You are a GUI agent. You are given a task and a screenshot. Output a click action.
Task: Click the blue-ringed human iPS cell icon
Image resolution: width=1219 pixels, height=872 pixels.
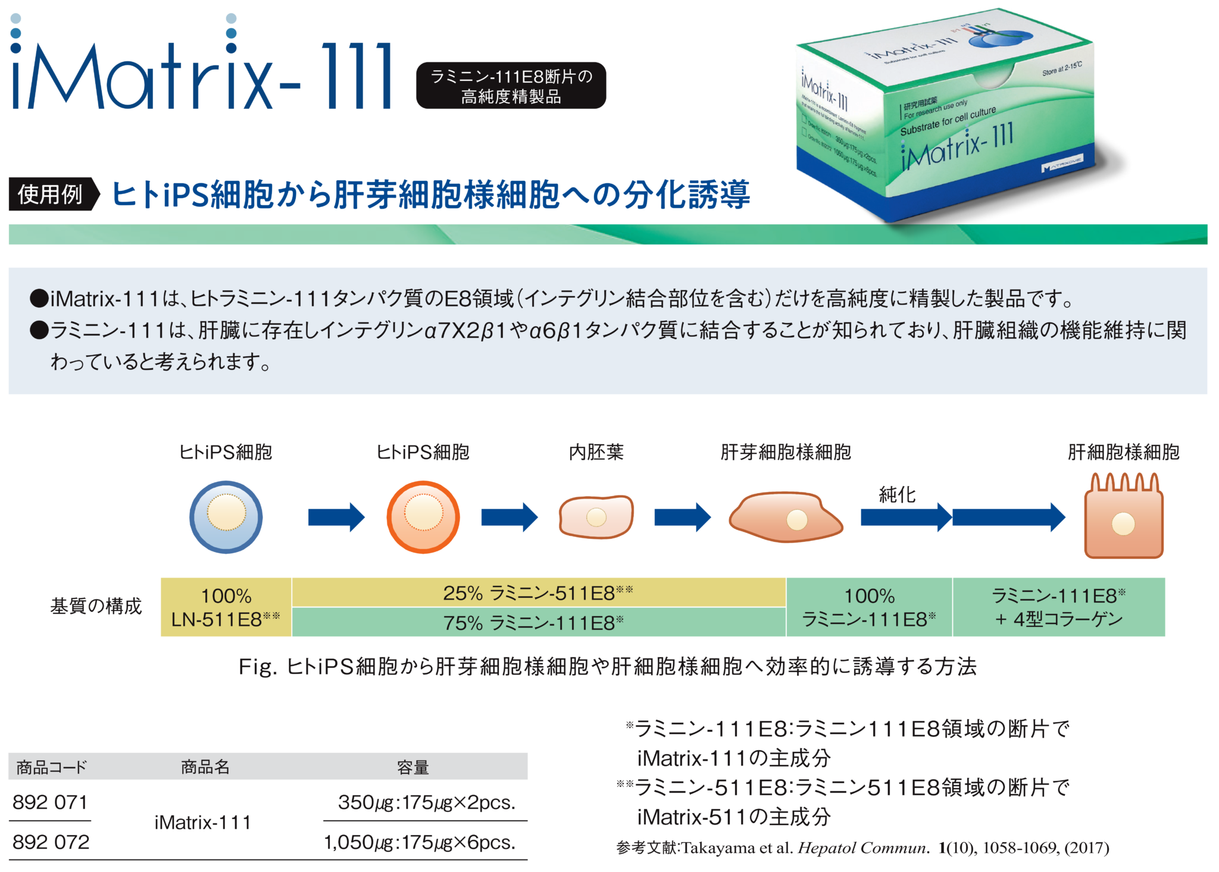point(226,516)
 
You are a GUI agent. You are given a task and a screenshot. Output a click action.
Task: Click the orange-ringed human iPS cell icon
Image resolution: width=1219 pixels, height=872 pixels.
point(423,516)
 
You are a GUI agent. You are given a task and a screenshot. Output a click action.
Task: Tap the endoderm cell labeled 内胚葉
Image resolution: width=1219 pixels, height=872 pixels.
point(596,516)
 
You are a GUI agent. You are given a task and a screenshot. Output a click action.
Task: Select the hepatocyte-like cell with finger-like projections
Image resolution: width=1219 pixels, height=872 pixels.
point(1123,518)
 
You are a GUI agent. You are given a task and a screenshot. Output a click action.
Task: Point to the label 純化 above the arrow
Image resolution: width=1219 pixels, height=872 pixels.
point(897,494)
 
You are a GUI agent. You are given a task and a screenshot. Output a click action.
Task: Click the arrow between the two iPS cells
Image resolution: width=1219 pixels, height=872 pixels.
point(336,517)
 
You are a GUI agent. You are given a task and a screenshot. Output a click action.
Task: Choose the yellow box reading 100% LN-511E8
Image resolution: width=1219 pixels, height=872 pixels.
point(226,607)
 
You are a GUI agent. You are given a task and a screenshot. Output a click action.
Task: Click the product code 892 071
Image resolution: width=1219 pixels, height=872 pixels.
point(50,802)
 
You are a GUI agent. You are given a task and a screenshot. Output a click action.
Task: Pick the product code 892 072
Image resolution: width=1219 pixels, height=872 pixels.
point(51,842)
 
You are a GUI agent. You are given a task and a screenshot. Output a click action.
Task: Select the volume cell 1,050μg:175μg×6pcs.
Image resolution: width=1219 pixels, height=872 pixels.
point(420,842)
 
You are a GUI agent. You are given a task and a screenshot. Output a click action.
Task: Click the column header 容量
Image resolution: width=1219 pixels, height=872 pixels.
point(412,767)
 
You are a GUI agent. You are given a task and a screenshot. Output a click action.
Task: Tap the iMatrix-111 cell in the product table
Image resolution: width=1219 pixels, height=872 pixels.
point(202,822)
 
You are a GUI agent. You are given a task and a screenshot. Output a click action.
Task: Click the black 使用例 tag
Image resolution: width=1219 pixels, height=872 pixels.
point(51,194)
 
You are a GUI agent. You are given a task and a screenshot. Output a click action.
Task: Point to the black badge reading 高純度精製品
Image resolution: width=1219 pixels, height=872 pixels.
point(511,86)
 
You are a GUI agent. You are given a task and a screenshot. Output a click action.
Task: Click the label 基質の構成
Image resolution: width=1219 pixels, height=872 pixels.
point(96,606)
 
